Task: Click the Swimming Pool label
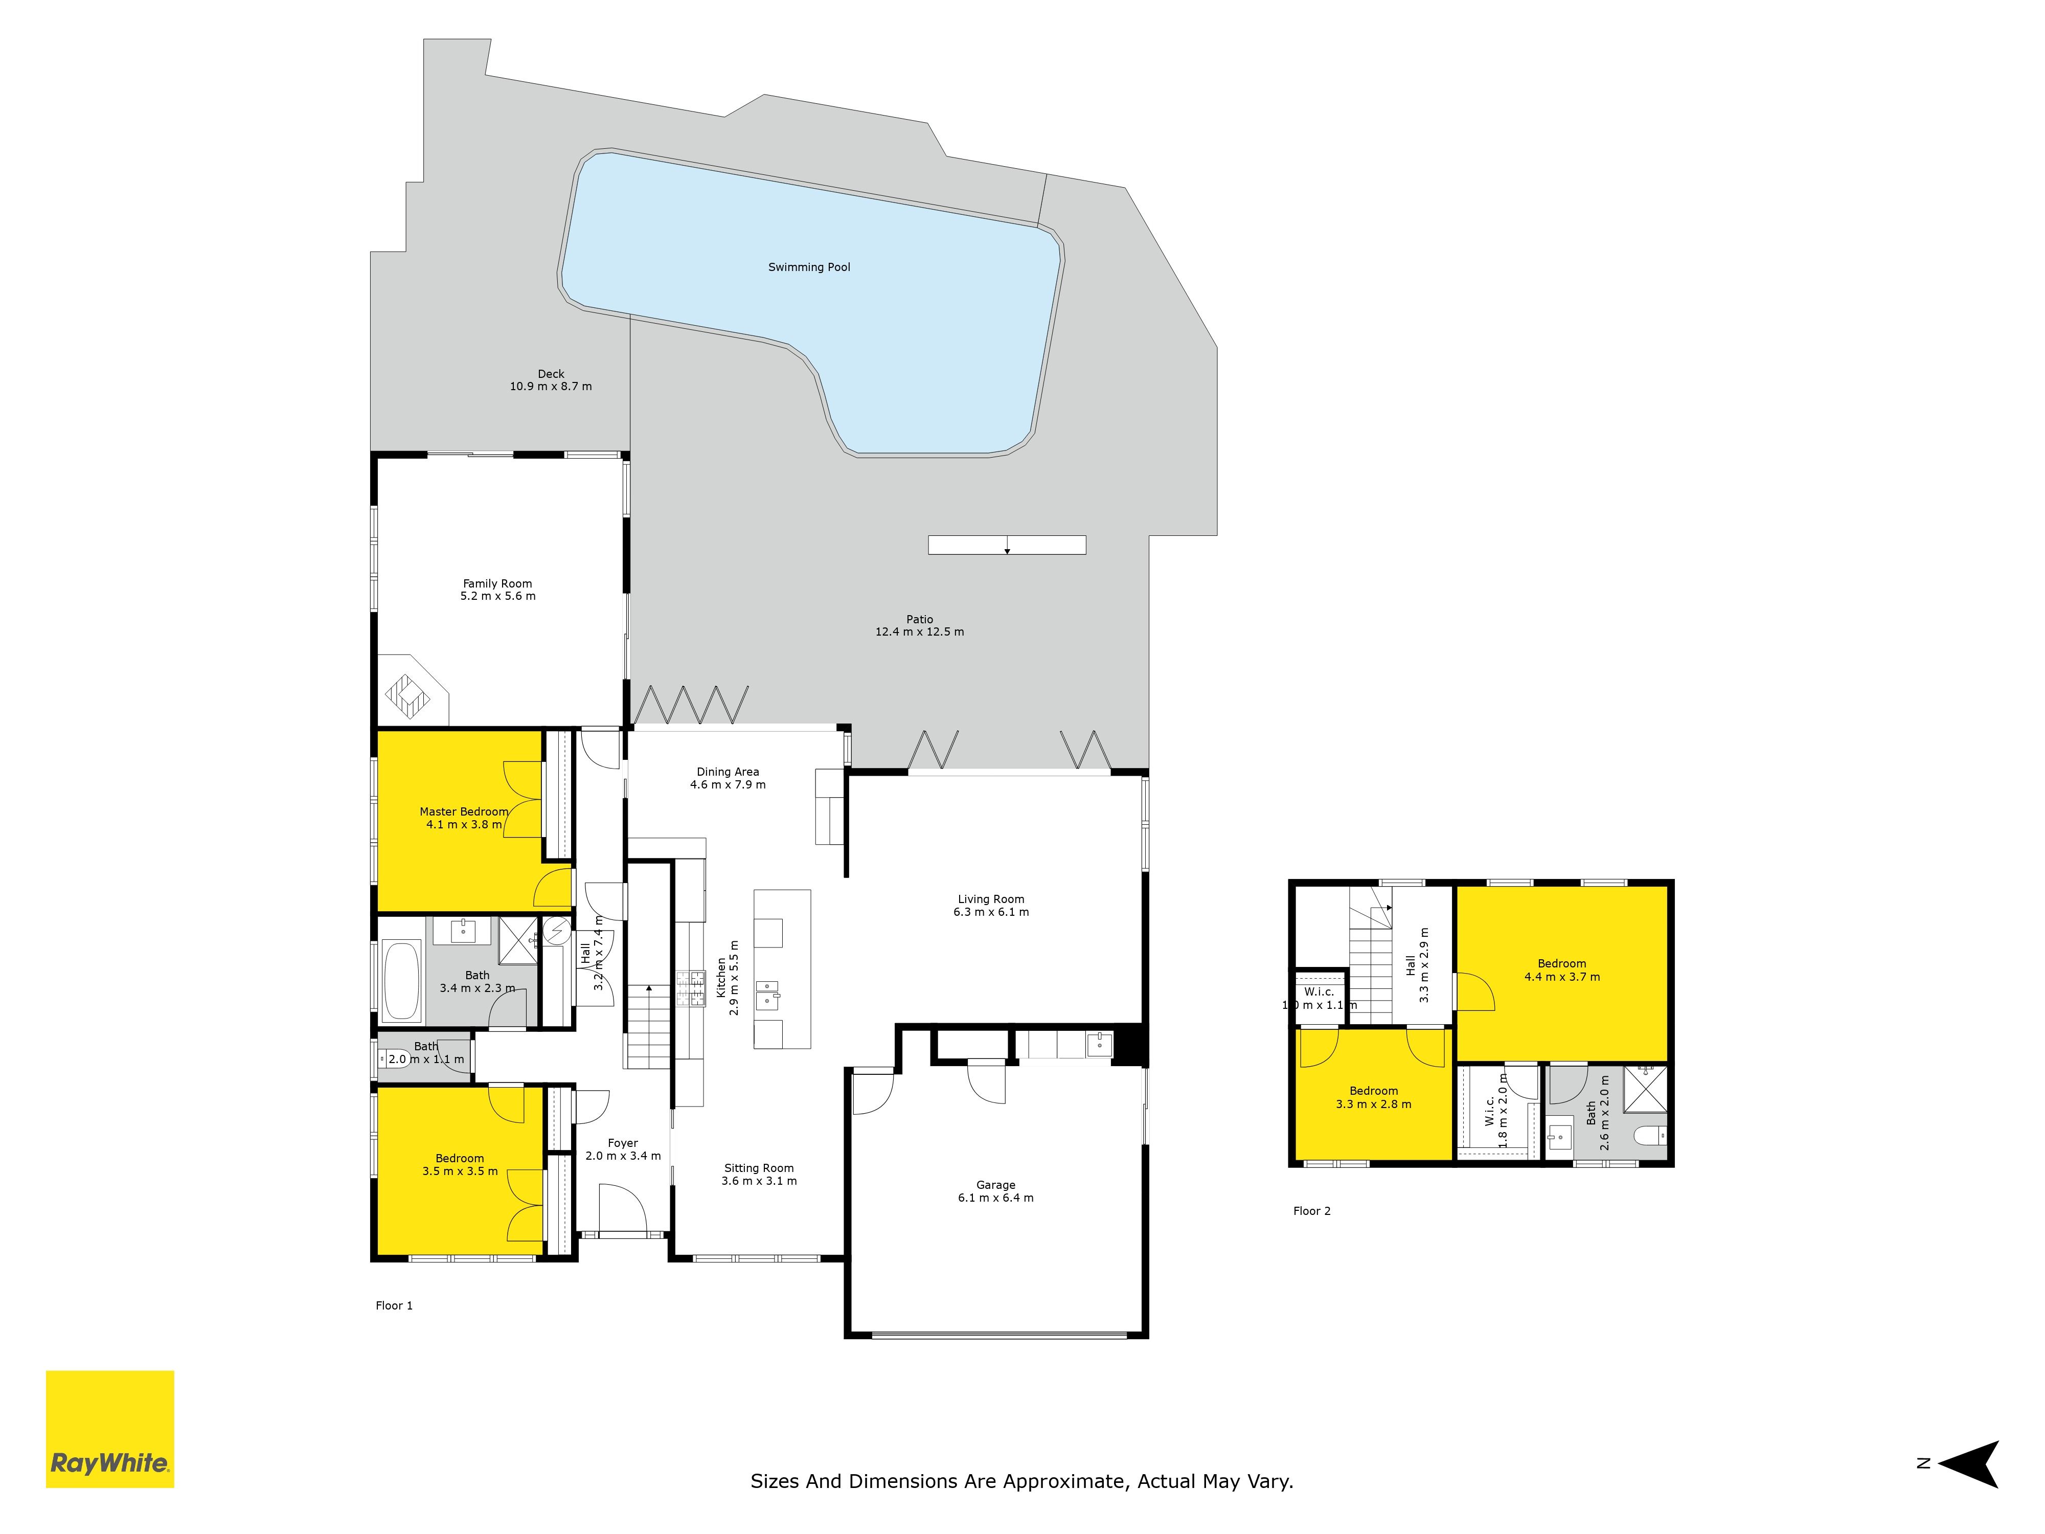[x=809, y=267]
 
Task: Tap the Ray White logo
[x=110, y=1429]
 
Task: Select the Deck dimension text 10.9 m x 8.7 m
[x=551, y=387]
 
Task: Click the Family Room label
[x=497, y=583]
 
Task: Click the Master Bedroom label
[x=464, y=812]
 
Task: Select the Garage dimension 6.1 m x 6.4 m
[x=996, y=1198]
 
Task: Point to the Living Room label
[x=991, y=899]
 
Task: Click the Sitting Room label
[x=759, y=1168]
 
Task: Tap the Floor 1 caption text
[x=394, y=1305]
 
